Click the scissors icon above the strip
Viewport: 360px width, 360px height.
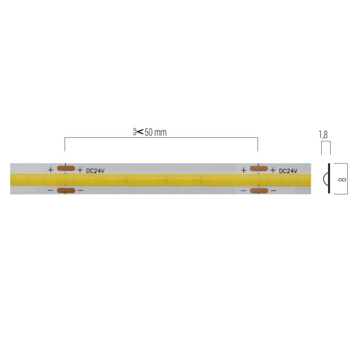138,132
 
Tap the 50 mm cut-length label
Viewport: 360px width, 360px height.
156,132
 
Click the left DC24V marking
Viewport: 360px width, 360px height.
96,170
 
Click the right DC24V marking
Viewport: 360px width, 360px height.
288,171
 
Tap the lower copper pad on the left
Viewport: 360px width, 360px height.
66,191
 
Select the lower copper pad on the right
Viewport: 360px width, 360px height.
258,191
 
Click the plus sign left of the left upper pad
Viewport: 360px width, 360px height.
51,170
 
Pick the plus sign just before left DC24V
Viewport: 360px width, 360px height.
80,170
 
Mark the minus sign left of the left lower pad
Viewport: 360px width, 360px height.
51,191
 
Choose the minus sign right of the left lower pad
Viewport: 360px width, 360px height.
80,191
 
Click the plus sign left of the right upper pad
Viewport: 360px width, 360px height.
243,170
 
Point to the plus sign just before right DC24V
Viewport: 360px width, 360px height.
272,170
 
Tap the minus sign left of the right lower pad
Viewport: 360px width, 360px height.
243,191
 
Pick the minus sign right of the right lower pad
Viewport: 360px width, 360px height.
272,191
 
